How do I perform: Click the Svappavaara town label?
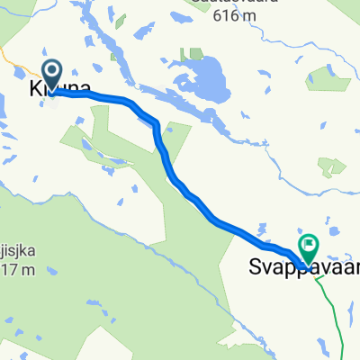point(302,267)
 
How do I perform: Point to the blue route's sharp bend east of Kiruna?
point(157,124)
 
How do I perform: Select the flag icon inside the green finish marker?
point(309,242)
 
